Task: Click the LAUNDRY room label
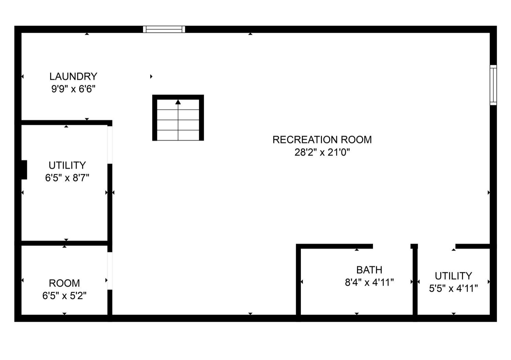(73, 76)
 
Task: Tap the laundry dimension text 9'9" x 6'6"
(73, 89)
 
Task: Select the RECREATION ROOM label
(322, 140)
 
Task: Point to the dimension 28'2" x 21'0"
(322, 152)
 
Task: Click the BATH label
(369, 270)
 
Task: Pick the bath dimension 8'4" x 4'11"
(369, 283)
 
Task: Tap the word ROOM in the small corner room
(64, 283)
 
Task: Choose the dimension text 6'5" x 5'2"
(64, 296)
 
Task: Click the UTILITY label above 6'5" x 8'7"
(67, 165)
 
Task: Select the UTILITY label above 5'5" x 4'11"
(453, 276)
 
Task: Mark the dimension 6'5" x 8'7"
(67, 178)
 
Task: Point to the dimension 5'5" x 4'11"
(453, 288)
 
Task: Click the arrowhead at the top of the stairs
(178, 102)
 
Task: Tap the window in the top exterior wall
(164, 29)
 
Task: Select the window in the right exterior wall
(493, 85)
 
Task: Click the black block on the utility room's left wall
(24, 170)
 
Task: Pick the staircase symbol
(178, 118)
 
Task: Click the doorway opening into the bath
(392, 246)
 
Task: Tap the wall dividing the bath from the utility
(415, 283)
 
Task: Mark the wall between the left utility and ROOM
(65, 243)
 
